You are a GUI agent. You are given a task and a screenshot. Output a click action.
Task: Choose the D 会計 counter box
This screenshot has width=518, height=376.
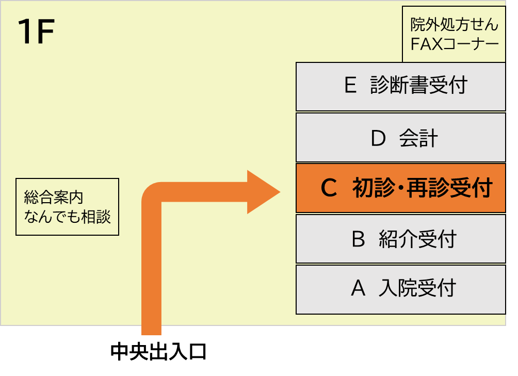(400, 138)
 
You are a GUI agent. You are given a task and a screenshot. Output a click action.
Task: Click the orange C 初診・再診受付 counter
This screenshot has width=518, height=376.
(400, 188)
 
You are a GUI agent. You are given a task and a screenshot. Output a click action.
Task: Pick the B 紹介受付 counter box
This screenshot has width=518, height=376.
(400, 239)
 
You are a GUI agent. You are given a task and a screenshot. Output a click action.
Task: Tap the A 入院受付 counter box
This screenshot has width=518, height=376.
(400, 289)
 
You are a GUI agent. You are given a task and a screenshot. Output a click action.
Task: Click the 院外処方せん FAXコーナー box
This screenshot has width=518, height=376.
(454, 34)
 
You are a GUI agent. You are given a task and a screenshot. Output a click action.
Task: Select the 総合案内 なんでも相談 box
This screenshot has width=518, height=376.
(67, 206)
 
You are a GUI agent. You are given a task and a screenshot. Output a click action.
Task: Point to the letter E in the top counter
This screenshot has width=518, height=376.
(350, 86)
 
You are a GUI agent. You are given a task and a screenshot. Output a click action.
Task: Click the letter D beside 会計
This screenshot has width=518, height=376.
(378, 138)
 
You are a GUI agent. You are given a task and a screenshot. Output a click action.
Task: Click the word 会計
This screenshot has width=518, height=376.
(418, 138)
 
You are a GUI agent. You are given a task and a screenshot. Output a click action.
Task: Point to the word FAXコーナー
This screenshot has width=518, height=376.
(455, 43)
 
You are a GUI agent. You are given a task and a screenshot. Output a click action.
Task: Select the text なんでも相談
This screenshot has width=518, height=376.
(67, 216)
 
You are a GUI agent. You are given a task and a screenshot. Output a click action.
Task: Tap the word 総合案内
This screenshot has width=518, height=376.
(54, 197)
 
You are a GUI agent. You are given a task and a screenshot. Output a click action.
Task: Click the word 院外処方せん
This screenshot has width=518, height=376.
(455, 24)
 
